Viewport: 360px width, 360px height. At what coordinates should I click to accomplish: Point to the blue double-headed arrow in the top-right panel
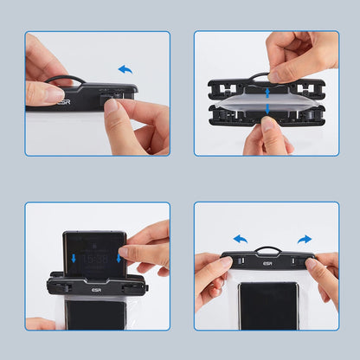[267, 103]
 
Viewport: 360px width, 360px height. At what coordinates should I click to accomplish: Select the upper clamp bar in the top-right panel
[267, 87]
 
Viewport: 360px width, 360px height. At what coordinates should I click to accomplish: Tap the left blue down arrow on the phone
[74, 258]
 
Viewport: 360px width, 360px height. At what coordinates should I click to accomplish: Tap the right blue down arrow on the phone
[119, 258]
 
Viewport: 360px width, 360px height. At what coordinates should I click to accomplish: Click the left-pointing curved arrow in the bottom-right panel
[241, 238]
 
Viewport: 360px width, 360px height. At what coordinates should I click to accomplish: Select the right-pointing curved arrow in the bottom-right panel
[304, 238]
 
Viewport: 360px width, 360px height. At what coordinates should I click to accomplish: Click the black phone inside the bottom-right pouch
[268, 305]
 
